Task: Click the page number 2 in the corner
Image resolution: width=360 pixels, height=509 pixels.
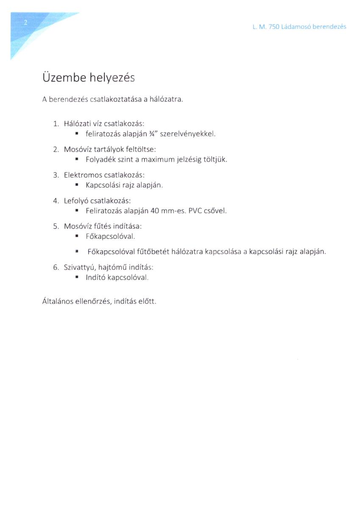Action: click(x=25, y=23)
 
